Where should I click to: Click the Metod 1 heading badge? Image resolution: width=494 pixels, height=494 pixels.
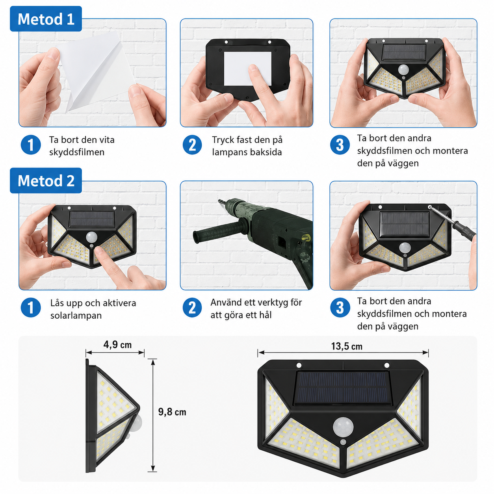pos(46,19)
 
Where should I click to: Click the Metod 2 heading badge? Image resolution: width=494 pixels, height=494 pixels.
pos(46,180)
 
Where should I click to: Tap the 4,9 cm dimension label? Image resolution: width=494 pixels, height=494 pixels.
pos(117,345)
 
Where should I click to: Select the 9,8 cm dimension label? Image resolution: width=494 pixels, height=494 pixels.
pos(172,412)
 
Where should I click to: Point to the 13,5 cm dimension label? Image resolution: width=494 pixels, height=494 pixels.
pos(347,346)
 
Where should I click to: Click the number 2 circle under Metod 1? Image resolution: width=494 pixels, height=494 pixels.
pos(192,145)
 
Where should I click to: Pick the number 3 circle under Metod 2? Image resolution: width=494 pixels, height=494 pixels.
pos(340,307)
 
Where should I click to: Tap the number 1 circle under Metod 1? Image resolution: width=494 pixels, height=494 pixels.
pos(31,145)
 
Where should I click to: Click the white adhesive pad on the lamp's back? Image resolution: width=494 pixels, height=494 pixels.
pos(248,69)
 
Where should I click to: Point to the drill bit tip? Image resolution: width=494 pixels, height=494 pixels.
pos(219,200)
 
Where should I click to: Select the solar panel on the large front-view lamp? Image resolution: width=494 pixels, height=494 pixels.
pos(342,388)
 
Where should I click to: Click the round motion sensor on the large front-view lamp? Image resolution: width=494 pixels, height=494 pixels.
pos(343,427)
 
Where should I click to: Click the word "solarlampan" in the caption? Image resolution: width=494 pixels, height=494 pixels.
pos(76,315)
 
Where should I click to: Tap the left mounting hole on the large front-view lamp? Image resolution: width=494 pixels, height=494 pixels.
pos(299,365)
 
